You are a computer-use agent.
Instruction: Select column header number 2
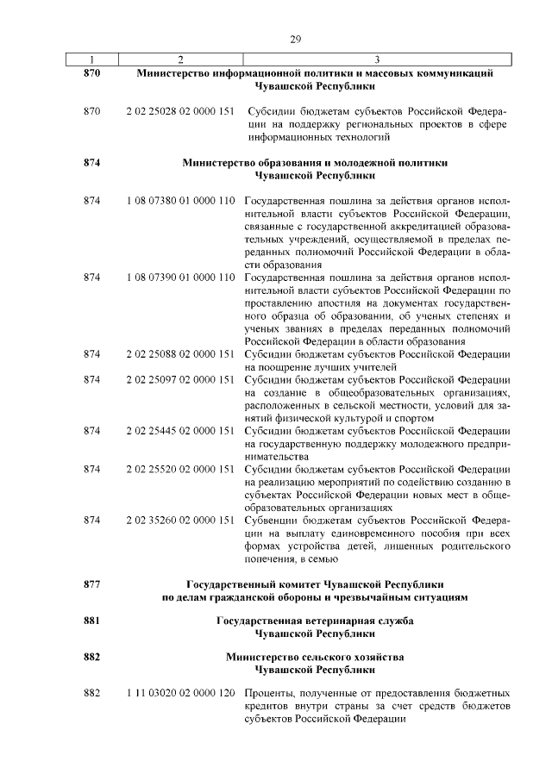pos(180,59)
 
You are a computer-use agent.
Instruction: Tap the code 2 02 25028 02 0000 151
pos(179,111)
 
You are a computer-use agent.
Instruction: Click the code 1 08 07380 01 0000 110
pos(179,201)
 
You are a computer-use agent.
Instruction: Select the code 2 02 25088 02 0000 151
pos(179,353)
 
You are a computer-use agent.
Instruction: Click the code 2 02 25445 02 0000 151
pos(179,430)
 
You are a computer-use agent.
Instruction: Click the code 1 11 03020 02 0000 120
pos(179,694)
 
